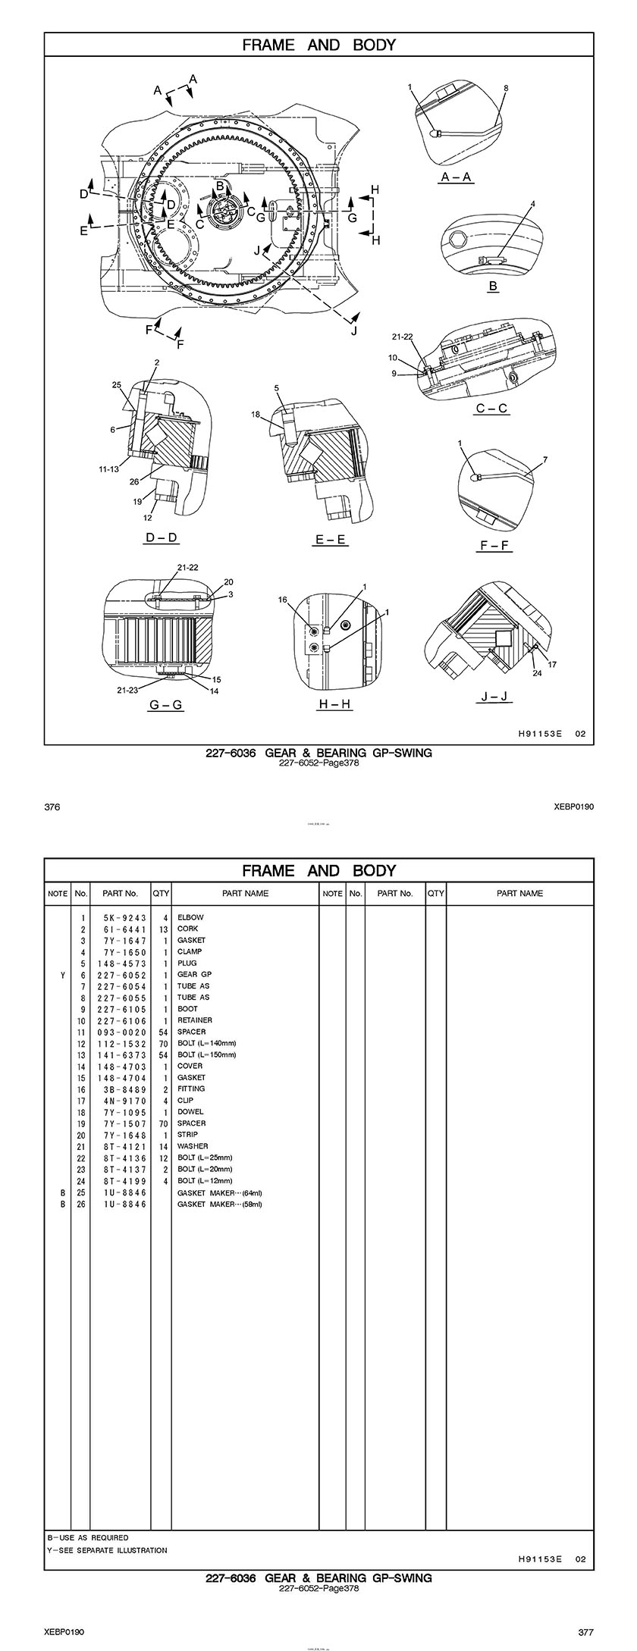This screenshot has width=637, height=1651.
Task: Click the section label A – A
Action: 457,177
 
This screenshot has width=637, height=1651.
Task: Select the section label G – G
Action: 165,705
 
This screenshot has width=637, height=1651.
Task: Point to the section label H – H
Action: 334,704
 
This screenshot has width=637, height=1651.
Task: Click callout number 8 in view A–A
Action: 506,88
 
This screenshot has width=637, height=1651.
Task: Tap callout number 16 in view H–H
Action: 282,600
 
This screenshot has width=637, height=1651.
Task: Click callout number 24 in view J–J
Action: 537,672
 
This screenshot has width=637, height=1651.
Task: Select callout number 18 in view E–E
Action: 256,415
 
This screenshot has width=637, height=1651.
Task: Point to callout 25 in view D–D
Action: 117,385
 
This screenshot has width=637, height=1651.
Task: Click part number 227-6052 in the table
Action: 121,975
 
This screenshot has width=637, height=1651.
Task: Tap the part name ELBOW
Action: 190,917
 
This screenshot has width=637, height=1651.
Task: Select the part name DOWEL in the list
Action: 190,1111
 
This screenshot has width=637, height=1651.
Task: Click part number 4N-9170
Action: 121,1100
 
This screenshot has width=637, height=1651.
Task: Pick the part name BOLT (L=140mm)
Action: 206,1043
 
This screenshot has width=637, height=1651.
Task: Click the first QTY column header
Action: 161,893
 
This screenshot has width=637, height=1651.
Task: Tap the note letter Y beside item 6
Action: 63,975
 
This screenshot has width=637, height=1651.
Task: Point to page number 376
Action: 52,807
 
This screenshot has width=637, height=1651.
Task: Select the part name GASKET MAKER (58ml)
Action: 219,1204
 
